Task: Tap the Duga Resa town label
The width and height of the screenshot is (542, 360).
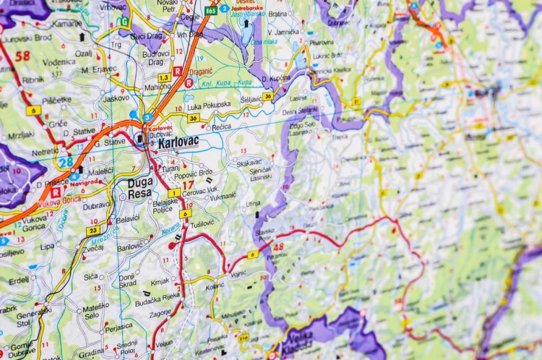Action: coord(140,188)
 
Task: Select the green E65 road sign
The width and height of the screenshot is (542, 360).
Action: coord(210,11)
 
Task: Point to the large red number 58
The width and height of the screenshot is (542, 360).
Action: coord(22,56)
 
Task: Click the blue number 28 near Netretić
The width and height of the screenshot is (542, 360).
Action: coord(66,163)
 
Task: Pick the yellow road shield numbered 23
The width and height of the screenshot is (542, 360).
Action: coord(93,231)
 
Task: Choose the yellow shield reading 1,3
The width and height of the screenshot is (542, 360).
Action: coord(164,77)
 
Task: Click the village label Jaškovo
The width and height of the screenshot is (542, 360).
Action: coord(115,98)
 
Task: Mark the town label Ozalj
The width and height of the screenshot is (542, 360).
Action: coord(83,53)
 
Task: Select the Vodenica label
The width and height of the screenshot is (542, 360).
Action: coord(58,62)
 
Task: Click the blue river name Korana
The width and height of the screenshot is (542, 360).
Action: coord(171,228)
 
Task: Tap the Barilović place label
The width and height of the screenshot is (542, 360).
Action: coord(131,247)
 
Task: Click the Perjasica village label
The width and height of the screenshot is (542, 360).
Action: coord(119,327)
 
